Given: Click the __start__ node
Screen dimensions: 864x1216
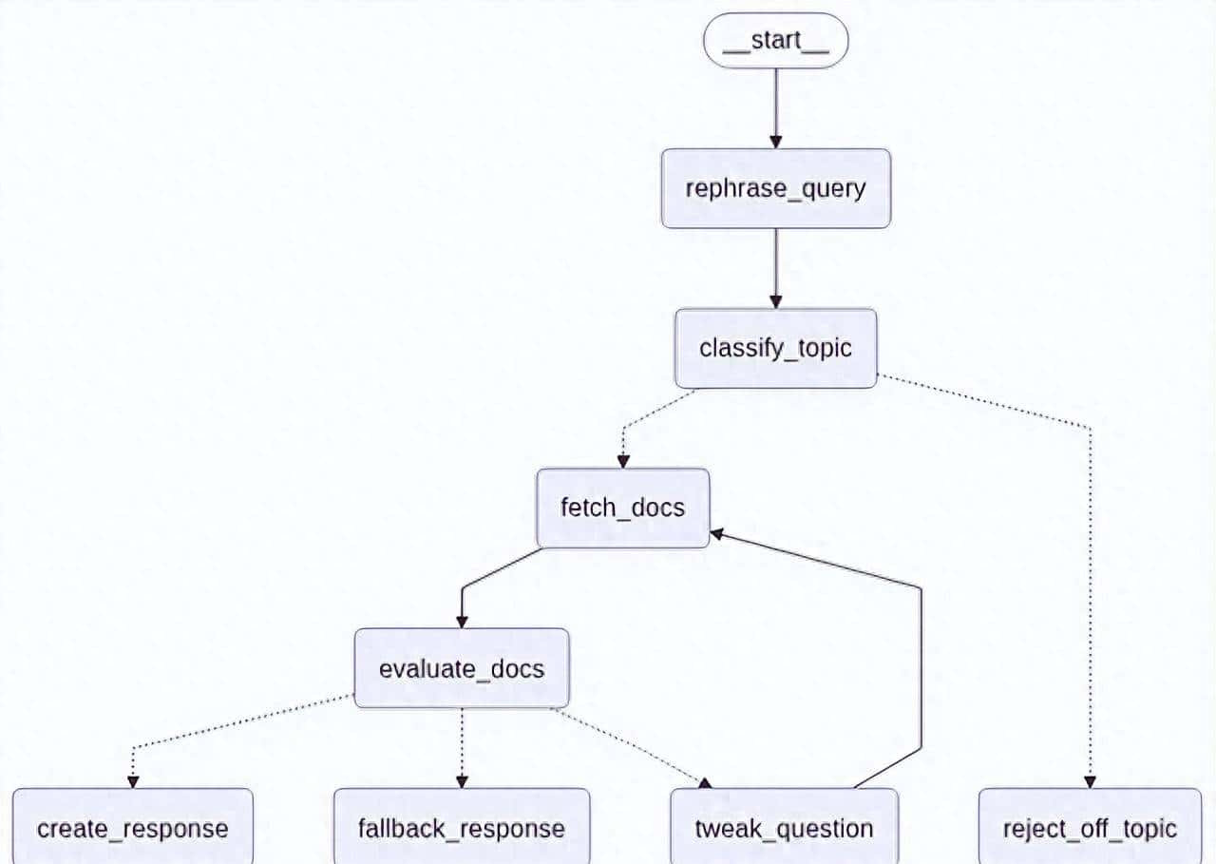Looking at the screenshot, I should click(x=775, y=41).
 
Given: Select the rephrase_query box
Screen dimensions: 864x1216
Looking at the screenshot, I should click(x=775, y=188).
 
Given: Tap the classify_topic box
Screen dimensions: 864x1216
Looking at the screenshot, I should click(x=775, y=348).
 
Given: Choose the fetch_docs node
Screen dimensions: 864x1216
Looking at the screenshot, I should click(x=622, y=508).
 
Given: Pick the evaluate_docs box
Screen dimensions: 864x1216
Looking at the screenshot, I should click(x=462, y=668).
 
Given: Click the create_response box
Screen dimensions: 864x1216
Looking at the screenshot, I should click(x=133, y=827).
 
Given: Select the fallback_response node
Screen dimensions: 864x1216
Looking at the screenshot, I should click(x=462, y=827).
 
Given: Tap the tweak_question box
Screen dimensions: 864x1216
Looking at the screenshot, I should click(x=784, y=827).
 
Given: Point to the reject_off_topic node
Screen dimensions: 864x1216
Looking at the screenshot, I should click(x=1090, y=827).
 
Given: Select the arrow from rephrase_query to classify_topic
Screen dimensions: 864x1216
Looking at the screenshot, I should click(x=775, y=266).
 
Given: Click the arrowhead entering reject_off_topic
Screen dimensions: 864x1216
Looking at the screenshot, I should click(x=1090, y=781).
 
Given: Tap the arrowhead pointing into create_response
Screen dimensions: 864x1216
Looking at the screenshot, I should click(x=133, y=781).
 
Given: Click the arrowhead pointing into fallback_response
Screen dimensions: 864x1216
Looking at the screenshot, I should click(x=462, y=781).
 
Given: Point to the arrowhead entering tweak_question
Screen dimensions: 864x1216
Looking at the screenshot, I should click(x=704, y=782).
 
